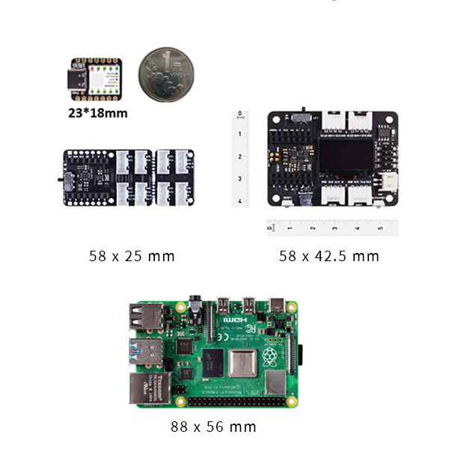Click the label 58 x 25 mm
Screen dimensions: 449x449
coord(132,256)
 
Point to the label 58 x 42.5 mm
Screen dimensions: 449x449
coord(329,256)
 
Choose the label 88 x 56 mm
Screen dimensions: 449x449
coord(213,427)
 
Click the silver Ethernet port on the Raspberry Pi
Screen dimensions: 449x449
coord(146,390)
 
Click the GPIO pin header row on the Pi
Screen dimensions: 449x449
coord(239,401)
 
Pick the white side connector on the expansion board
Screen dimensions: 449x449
coord(389,181)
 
